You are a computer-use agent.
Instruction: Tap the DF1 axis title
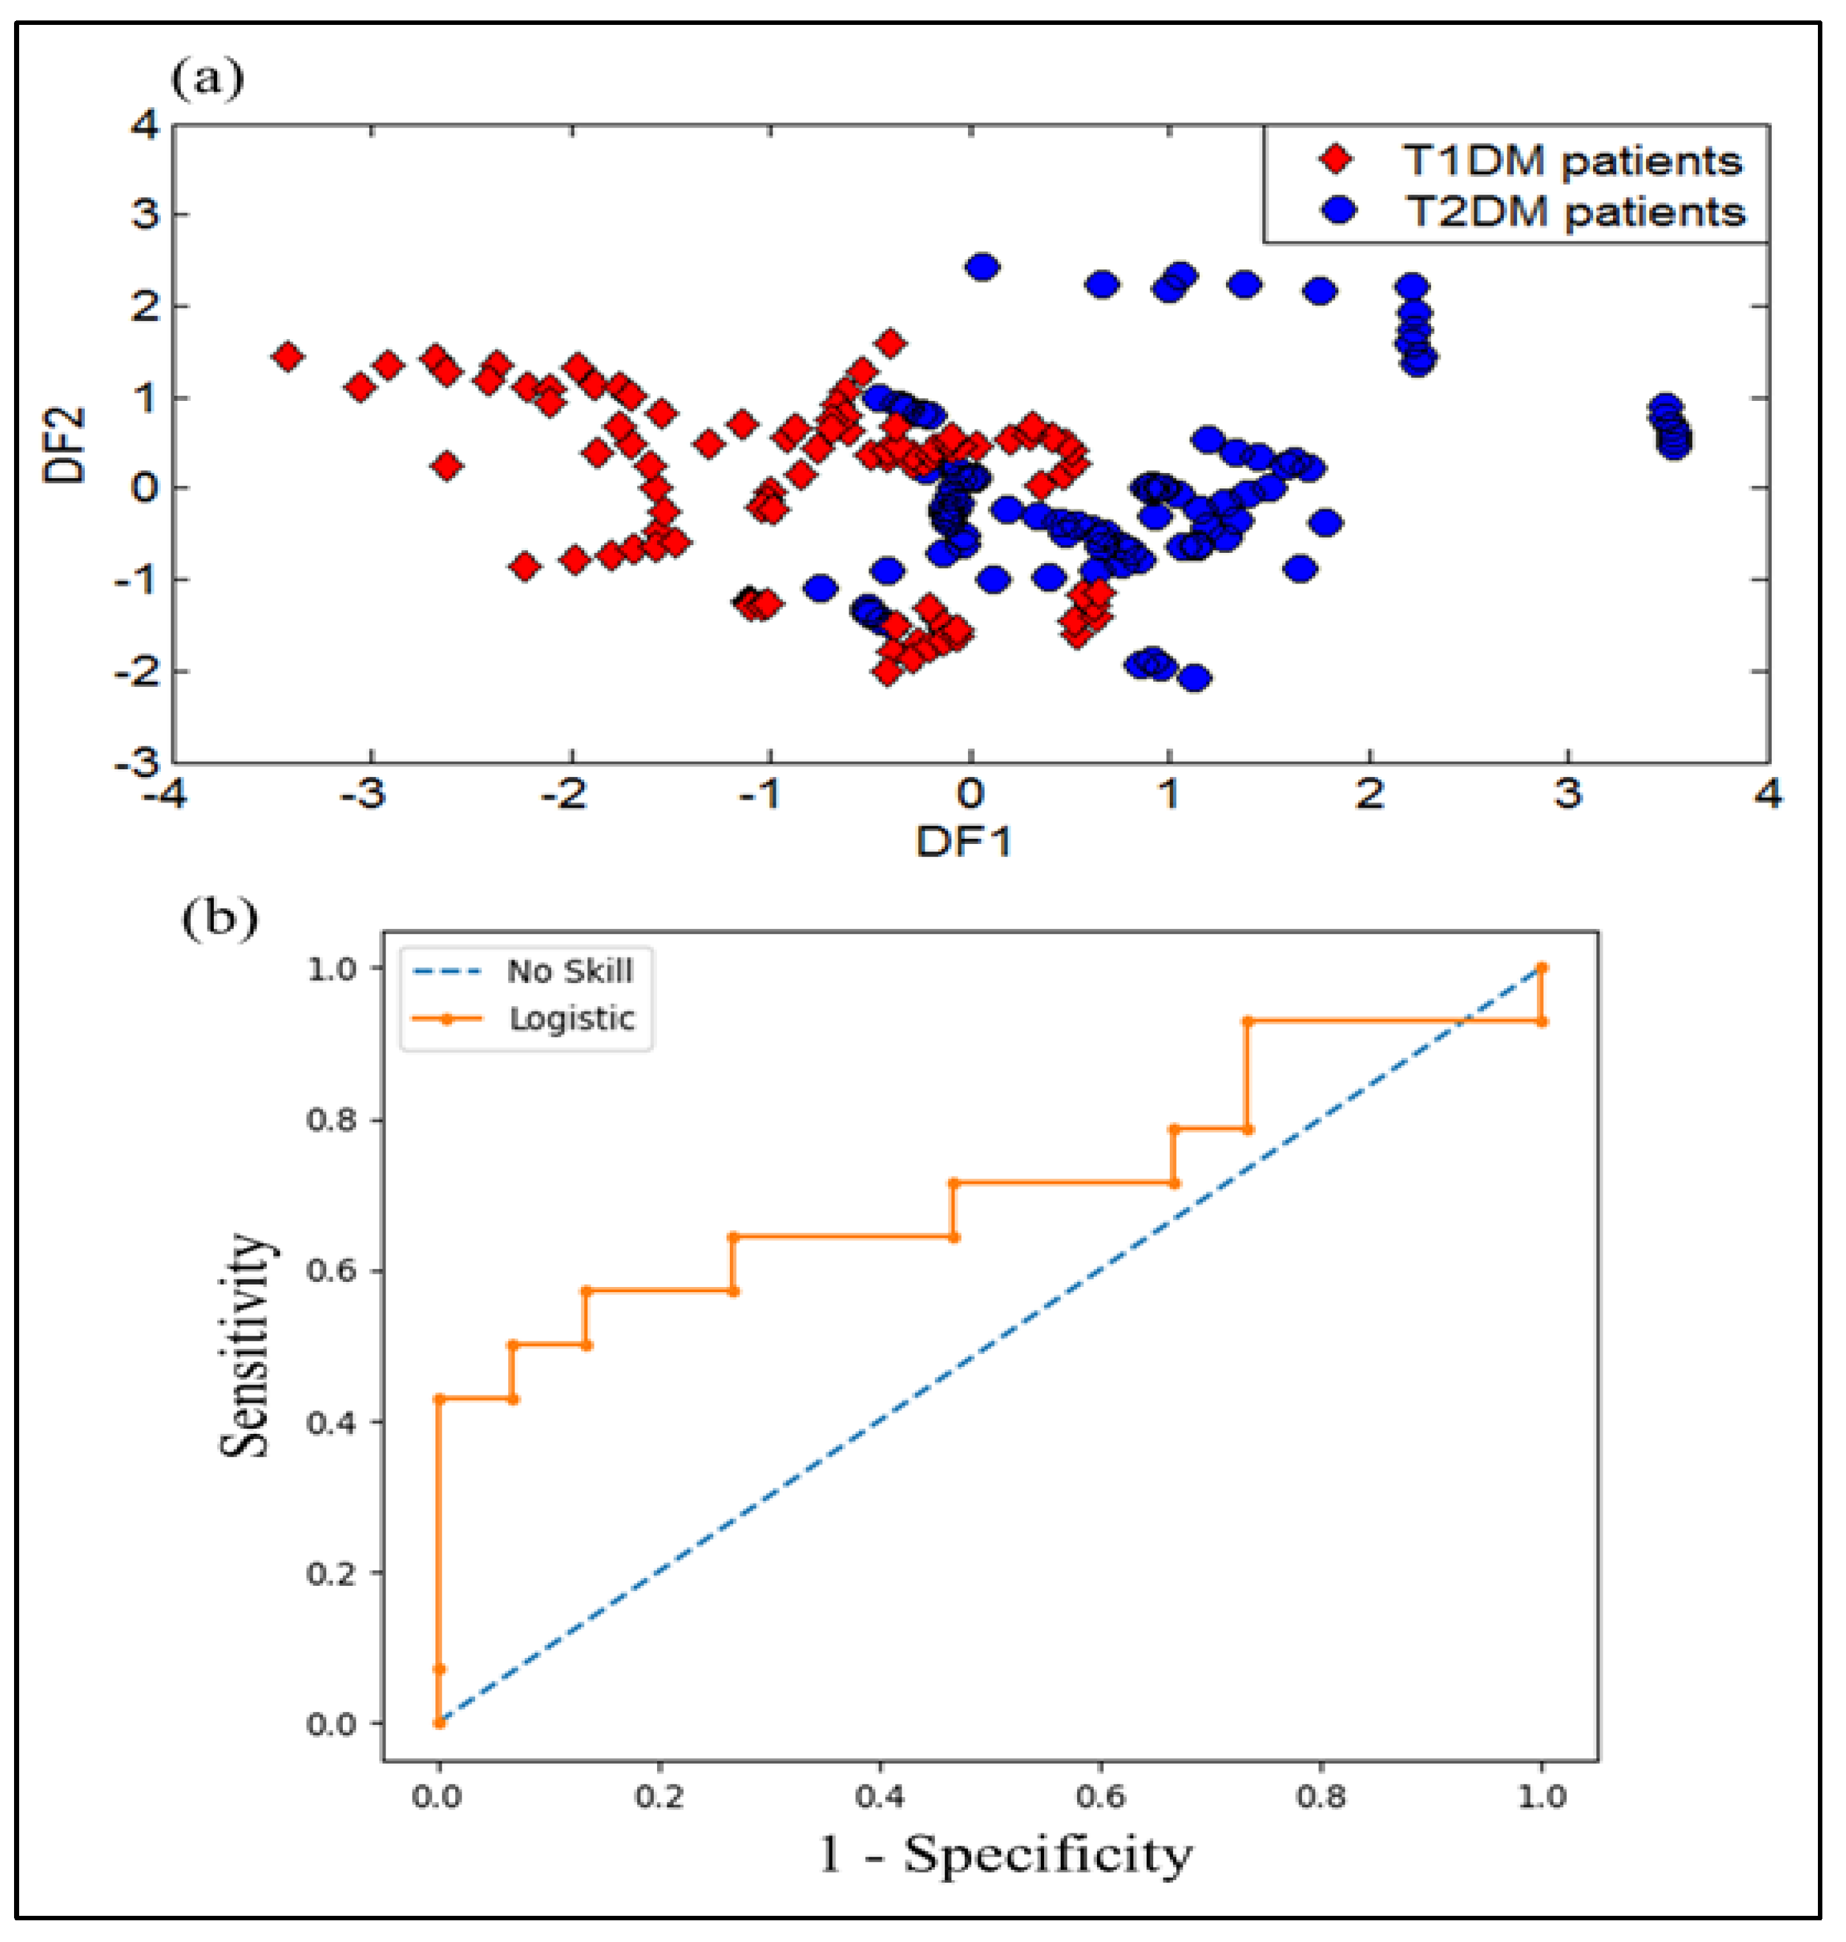(x=964, y=842)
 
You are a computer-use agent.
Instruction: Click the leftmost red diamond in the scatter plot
(x=287, y=356)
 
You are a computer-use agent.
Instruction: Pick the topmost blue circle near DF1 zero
(x=982, y=267)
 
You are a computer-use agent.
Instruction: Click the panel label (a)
(x=207, y=79)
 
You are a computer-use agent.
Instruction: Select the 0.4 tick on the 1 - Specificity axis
(x=879, y=1797)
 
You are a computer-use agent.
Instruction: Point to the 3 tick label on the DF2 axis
(x=145, y=213)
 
